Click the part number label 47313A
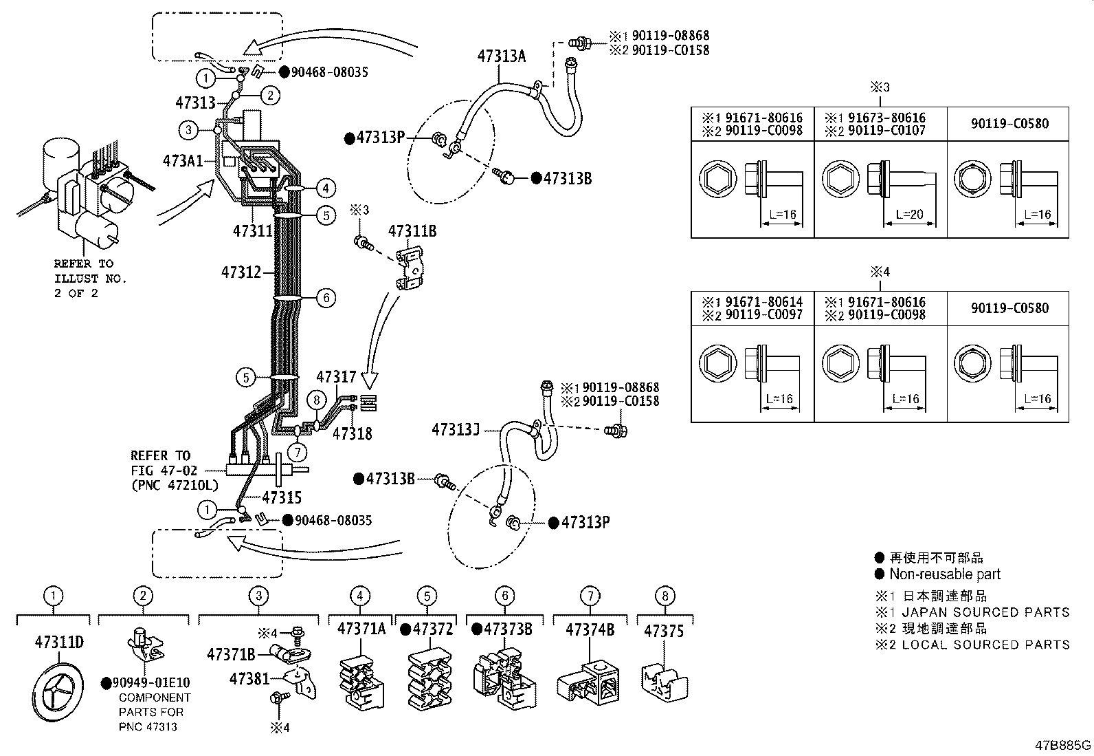click(x=501, y=56)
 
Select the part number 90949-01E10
click(x=150, y=683)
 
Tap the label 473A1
click(x=183, y=161)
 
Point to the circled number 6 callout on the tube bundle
click(x=326, y=298)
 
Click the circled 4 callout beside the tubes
click(x=326, y=187)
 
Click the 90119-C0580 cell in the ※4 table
click(x=1009, y=308)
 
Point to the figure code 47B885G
click(x=1063, y=745)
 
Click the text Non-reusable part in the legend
click(x=944, y=574)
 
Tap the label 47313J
click(x=455, y=430)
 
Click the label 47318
click(x=352, y=433)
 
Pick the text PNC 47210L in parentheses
click(x=175, y=486)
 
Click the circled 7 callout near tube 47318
click(x=297, y=452)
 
